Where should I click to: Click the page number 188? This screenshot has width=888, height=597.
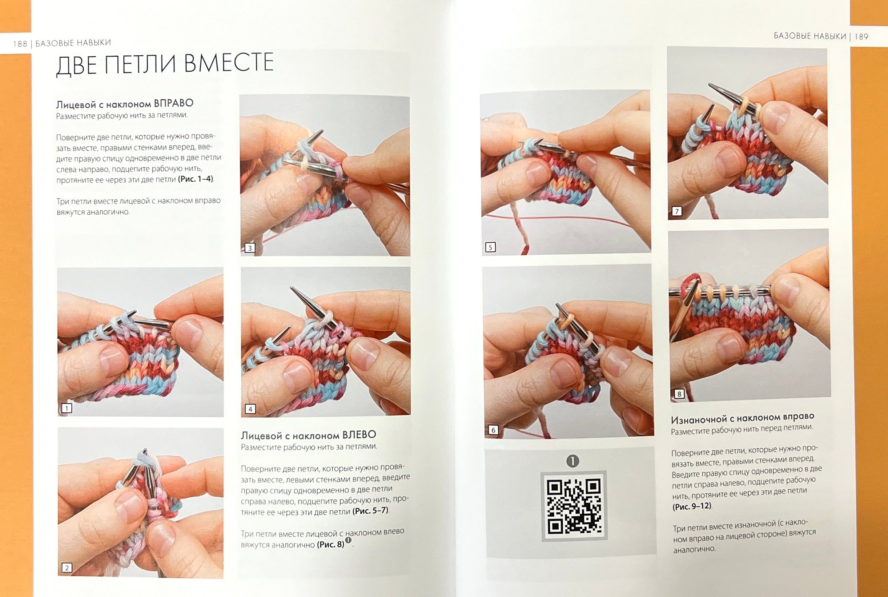(20, 44)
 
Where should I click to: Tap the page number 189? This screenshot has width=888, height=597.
(861, 36)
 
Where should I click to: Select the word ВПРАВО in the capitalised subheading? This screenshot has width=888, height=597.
(174, 103)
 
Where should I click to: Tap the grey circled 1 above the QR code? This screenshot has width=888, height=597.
(573, 461)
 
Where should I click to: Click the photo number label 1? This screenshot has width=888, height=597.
(67, 409)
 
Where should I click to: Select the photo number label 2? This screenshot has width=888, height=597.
(67, 568)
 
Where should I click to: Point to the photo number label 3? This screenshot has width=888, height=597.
(250, 248)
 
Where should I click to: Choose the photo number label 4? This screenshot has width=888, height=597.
(250, 409)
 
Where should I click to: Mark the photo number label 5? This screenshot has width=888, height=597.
(490, 247)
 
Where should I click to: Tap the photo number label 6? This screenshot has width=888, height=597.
(493, 430)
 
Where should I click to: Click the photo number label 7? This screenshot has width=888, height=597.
(676, 211)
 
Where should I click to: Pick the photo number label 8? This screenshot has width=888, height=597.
(679, 394)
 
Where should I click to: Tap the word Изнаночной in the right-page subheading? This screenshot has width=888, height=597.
(699, 419)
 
